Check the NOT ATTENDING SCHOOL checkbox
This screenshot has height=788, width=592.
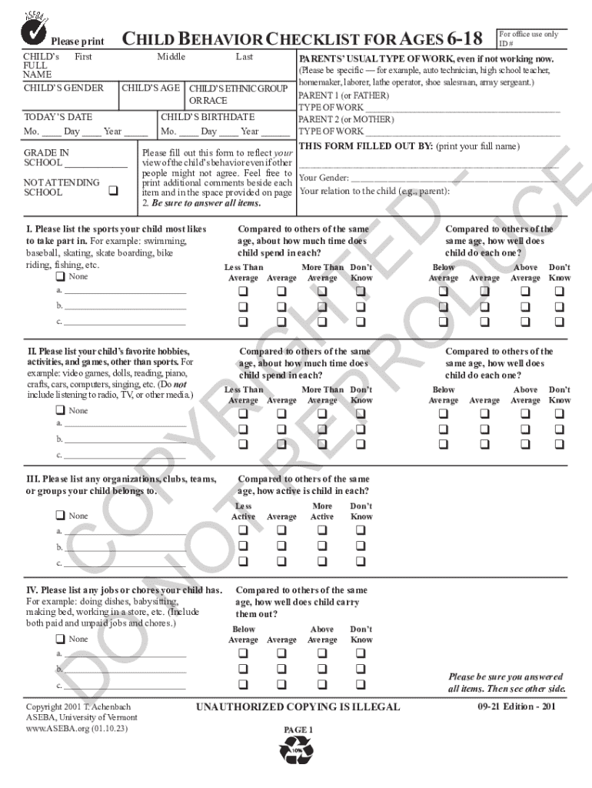(113, 190)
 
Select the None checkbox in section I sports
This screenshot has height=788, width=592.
(59, 276)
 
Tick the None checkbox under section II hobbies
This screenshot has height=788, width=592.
(59, 410)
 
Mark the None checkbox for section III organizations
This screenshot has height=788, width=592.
(59, 516)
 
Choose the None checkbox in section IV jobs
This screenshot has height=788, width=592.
(59, 639)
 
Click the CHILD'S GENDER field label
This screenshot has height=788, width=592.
(64, 88)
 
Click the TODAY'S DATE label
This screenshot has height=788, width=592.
(58, 117)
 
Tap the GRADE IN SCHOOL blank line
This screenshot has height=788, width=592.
(96, 165)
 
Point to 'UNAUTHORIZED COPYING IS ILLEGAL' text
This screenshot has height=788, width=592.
(298, 706)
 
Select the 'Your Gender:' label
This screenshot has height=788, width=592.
(324, 178)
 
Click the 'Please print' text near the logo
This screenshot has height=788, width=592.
(77, 41)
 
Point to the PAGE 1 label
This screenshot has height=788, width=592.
(298, 730)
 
